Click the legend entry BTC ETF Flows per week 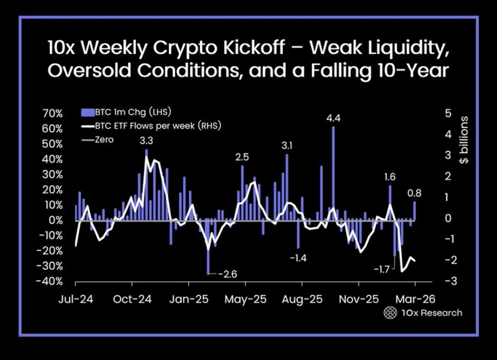(x=152, y=126)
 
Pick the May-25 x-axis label (x=246, y=299)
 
